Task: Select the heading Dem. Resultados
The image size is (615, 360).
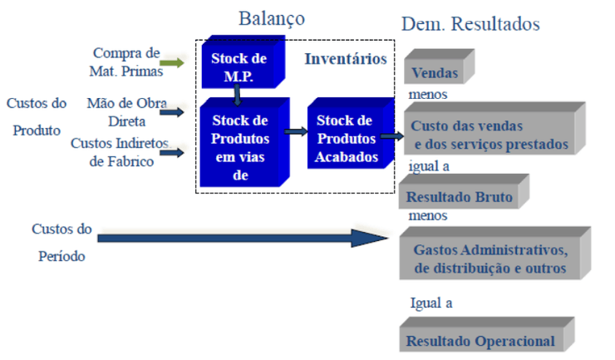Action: pos(470,24)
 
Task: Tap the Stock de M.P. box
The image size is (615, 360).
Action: pos(239,64)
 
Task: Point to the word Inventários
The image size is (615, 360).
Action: pos(345,59)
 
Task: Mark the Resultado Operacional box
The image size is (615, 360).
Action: pos(480,339)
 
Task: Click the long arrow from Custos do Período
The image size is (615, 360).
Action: pos(241,239)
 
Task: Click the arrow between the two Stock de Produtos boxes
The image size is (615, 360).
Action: pos(295,131)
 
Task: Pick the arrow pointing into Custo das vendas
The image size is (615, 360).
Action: pos(391,136)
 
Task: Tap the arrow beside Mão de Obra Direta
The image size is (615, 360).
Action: pos(172,111)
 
